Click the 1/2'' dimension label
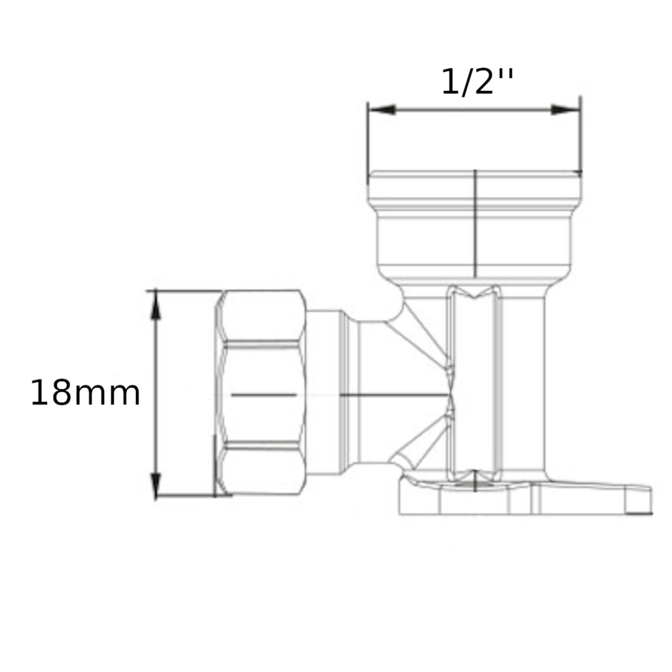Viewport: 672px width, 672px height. tap(477, 82)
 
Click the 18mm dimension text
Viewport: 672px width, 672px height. tap(85, 393)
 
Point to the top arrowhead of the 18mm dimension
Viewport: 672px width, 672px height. tap(156, 302)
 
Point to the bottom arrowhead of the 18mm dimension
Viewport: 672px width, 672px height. tap(156, 485)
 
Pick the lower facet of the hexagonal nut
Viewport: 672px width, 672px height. tap(262, 470)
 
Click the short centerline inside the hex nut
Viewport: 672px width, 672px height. tap(263, 395)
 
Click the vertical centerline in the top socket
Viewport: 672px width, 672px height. tap(475, 222)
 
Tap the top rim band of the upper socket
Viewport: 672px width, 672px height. tap(474, 185)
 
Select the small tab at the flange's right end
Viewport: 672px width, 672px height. tap(638, 500)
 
